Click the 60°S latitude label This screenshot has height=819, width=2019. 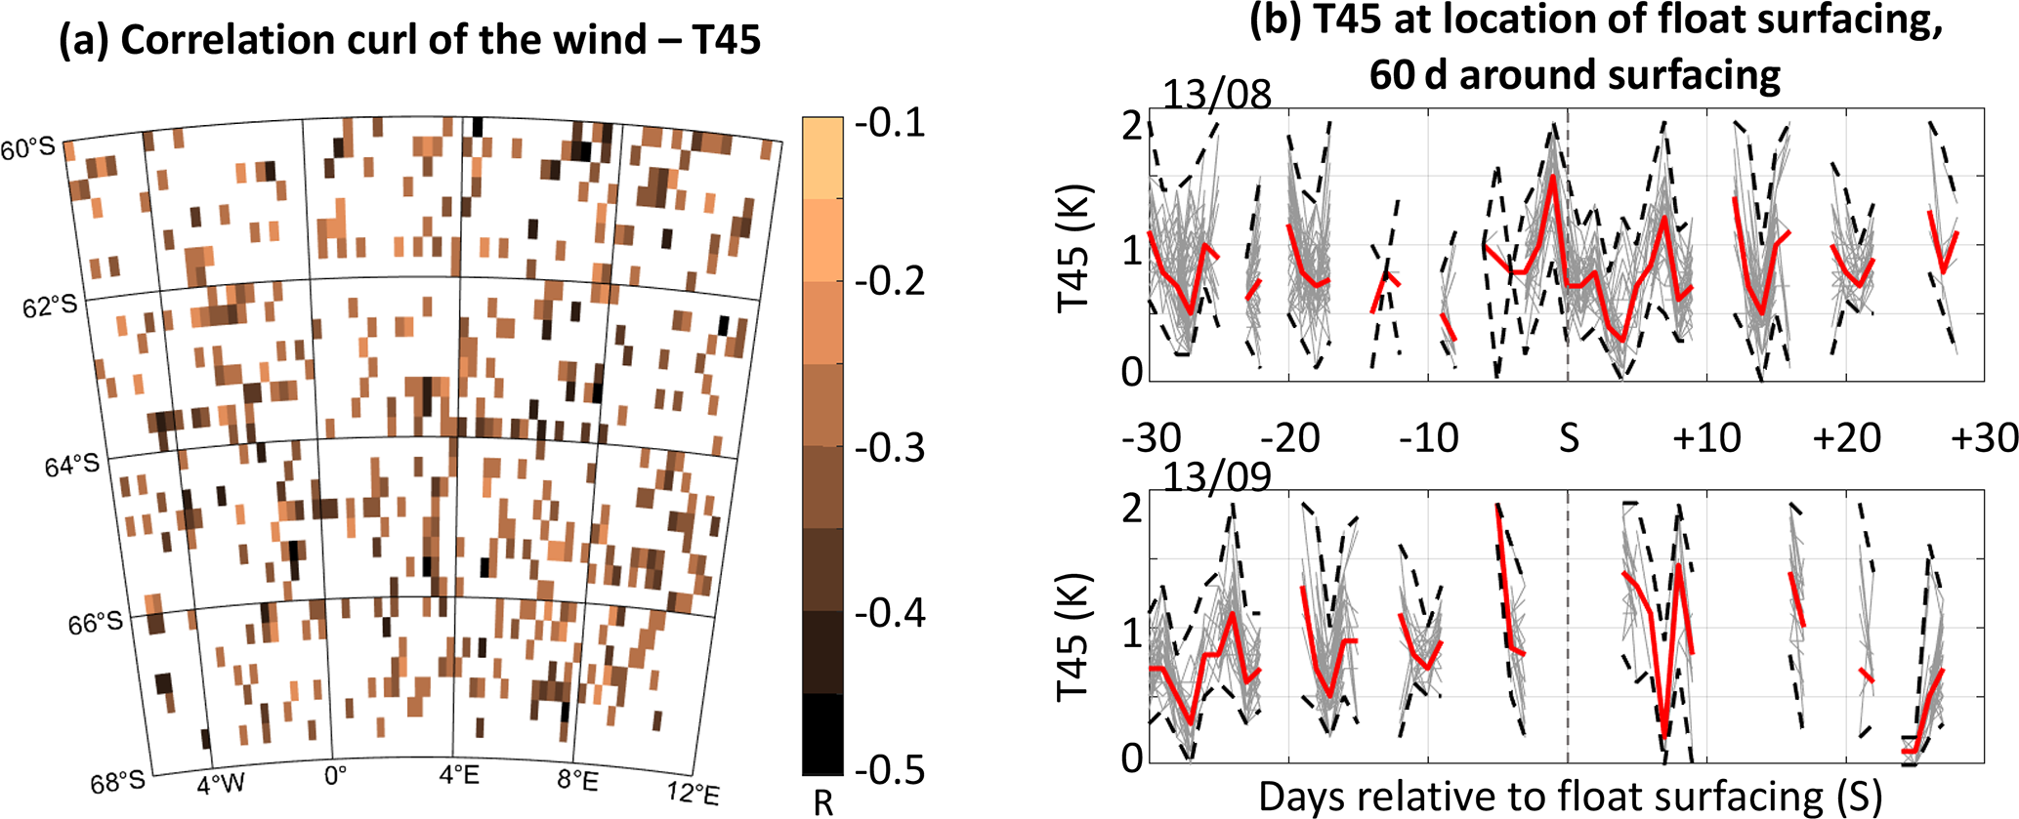(28, 149)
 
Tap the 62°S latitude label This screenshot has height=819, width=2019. (50, 307)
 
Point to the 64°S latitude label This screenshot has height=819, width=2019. (71, 466)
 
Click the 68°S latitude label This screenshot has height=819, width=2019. (117, 782)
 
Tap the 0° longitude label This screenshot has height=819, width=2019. (335, 776)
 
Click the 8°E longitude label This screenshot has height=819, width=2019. (577, 781)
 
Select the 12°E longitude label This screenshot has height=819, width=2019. (693, 792)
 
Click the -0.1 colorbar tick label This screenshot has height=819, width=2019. (889, 124)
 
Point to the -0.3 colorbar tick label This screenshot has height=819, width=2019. (889, 447)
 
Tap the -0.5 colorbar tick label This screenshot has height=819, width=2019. (889, 769)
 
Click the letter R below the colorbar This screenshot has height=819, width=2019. (823, 802)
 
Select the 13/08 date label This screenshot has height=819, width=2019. (1217, 95)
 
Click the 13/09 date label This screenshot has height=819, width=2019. (1217, 477)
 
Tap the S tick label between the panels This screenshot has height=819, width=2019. (1569, 438)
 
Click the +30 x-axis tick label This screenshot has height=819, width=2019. (1985, 438)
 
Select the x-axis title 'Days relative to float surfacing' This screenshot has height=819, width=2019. (1569, 797)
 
